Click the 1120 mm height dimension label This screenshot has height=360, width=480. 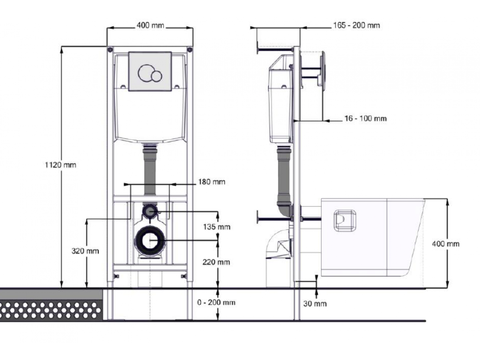pyautogui.click(x=60, y=165)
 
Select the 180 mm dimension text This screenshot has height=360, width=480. pyautogui.click(x=212, y=182)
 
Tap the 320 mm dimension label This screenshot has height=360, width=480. pyautogui.click(x=85, y=251)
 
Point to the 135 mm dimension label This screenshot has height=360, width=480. pyautogui.click(x=216, y=227)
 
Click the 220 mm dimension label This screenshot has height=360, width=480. pyautogui.click(x=216, y=262)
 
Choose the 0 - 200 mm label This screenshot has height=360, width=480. pyautogui.click(x=216, y=302)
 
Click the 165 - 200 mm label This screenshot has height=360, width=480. pyautogui.click(x=356, y=25)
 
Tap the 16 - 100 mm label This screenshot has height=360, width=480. pyautogui.click(x=366, y=118)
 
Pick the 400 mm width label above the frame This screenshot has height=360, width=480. pyautogui.click(x=150, y=25)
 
